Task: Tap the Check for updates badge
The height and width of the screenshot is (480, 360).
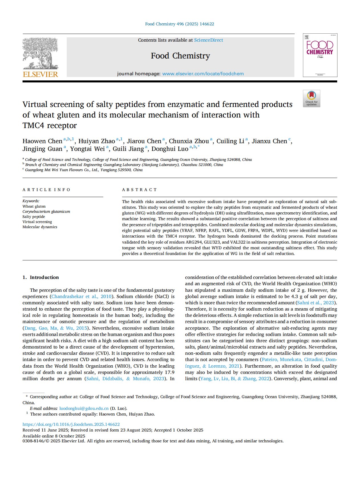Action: (x=312, y=99)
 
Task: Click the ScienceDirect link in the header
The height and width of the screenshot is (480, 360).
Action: (x=209, y=40)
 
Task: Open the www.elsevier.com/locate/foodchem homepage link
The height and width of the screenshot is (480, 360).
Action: (x=203, y=74)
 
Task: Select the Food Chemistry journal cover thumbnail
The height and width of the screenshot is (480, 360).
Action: (x=320, y=55)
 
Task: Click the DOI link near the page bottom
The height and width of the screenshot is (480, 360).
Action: (x=71, y=424)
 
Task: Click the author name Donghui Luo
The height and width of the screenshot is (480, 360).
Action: (x=170, y=149)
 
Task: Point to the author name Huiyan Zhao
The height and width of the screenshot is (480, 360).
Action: (x=96, y=141)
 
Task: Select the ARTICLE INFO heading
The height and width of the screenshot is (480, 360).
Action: (x=46, y=190)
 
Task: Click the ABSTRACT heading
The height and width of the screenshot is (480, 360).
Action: (x=139, y=190)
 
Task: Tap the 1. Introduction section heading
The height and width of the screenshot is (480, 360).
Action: (x=41, y=277)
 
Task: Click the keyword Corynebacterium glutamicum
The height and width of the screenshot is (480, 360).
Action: (x=46, y=212)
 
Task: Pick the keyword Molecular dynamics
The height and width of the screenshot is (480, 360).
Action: (x=40, y=227)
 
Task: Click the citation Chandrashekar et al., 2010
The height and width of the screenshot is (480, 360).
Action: (x=81, y=297)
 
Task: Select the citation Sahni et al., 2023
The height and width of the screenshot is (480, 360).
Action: (x=316, y=303)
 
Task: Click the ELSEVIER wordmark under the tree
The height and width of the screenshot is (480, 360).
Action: (x=40, y=74)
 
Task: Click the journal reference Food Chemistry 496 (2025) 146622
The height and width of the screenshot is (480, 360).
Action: (x=180, y=24)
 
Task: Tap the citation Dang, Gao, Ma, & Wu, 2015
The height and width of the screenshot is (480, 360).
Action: (x=56, y=328)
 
